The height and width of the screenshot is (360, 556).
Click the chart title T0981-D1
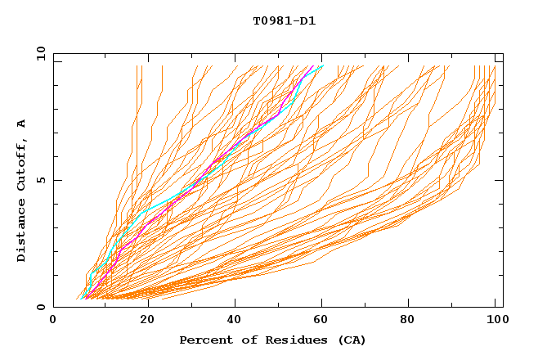(x=284, y=20)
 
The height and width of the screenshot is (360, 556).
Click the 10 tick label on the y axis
(x=37, y=53)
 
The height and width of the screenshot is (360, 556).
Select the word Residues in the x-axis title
(x=289, y=340)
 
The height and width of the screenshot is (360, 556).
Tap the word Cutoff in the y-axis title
(x=22, y=160)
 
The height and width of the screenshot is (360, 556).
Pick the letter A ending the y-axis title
(x=22, y=123)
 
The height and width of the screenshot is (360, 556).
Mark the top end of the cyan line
(x=323, y=65)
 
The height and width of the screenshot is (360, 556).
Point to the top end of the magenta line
(x=313, y=65)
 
